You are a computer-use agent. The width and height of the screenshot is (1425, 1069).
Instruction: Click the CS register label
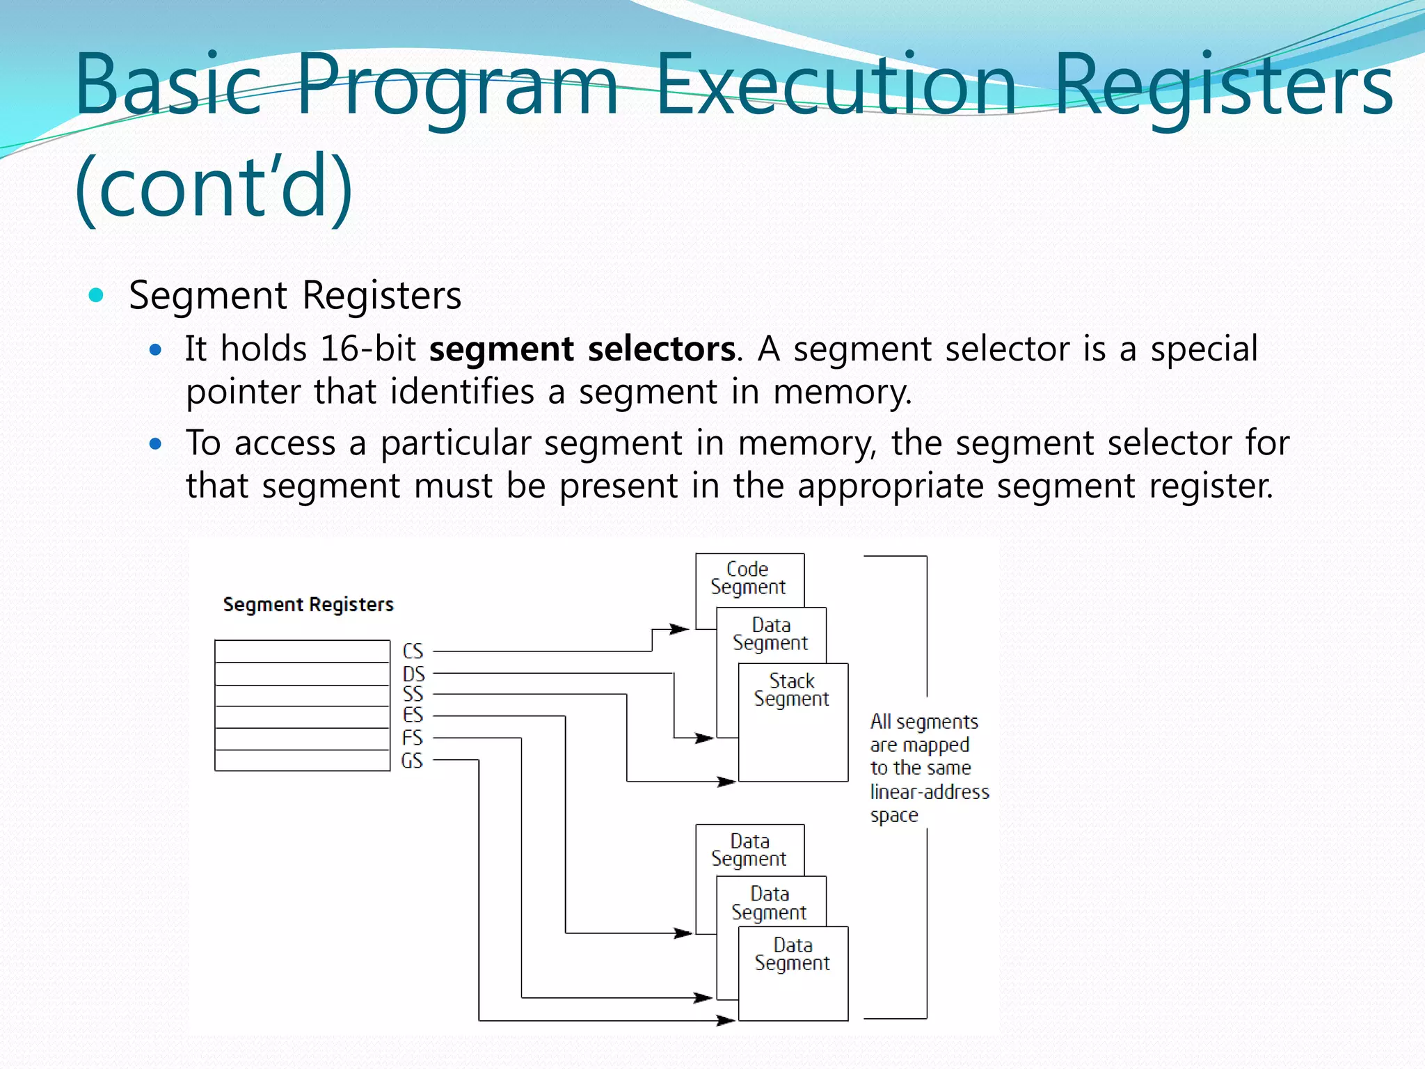[x=413, y=651]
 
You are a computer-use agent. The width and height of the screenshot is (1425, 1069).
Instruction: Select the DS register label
[x=413, y=674]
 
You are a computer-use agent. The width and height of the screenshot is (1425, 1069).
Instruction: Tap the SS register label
[x=413, y=694]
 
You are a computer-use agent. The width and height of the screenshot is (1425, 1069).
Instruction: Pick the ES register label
[x=413, y=715]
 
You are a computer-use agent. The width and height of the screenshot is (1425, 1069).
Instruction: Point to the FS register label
[x=412, y=737]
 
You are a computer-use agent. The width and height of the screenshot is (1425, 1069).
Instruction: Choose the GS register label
[x=412, y=760]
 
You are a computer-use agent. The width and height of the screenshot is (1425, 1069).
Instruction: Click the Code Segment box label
[x=748, y=578]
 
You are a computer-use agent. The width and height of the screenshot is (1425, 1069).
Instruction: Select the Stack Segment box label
[x=792, y=690]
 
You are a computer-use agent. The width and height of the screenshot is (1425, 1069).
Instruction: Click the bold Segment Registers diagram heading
[x=308, y=604]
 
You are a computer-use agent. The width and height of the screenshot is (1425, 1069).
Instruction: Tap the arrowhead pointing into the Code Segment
[x=680, y=629]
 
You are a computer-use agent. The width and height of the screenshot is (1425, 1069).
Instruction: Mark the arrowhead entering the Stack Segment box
[x=726, y=782]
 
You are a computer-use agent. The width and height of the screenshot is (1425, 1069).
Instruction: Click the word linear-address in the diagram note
[x=930, y=792]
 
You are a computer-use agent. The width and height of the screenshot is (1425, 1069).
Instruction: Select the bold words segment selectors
[x=582, y=349]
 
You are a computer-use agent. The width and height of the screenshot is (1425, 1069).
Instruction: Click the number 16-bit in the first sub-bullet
[x=367, y=349]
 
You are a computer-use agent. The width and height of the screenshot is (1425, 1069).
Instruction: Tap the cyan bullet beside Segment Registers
[x=97, y=295]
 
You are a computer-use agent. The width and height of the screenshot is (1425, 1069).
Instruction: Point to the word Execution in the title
[x=836, y=86]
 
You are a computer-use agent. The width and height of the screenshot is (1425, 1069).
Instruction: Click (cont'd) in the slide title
[x=214, y=187]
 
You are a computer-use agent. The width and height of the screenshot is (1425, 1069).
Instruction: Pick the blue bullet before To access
[x=156, y=443]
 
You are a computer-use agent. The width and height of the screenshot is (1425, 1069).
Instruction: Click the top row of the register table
[x=302, y=651]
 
